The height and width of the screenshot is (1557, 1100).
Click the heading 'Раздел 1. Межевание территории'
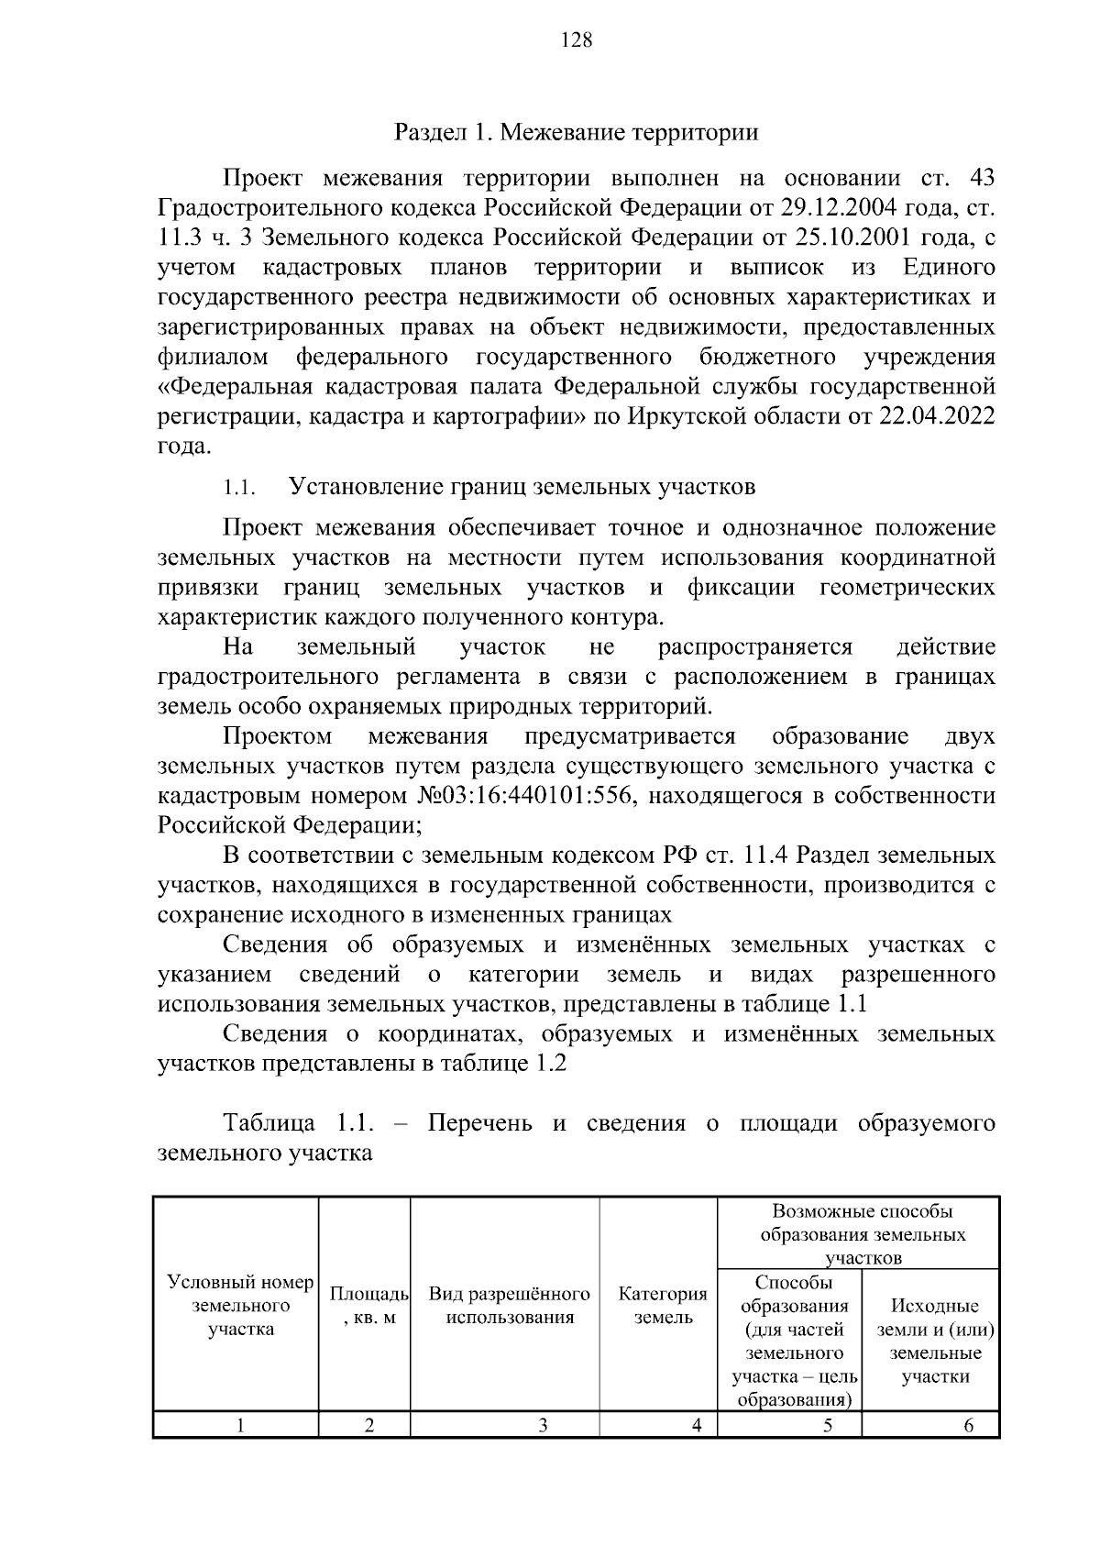[577, 133]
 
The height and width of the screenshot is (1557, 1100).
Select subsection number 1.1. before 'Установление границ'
[238, 488]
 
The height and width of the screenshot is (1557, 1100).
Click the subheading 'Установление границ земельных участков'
[522, 487]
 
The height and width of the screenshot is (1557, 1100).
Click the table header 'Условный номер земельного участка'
[240, 1305]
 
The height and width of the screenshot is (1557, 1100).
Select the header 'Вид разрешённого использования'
[509, 1305]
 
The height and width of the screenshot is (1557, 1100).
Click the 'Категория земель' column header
[663, 1305]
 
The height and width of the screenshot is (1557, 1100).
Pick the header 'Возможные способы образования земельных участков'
[862, 1234]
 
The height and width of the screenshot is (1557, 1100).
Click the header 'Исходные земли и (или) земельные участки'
[934, 1341]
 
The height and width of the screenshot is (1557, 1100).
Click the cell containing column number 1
[240, 1425]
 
